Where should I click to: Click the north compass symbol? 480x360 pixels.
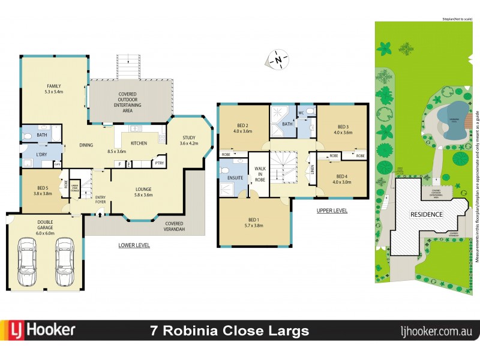278,59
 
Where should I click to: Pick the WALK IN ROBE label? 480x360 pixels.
260,174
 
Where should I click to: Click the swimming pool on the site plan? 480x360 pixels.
451,115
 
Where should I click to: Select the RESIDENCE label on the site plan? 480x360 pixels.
427,214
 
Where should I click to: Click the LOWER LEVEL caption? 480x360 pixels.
134,245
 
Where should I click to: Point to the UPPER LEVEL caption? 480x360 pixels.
332,211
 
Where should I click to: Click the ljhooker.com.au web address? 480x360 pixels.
436,331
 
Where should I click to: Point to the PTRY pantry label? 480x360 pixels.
159,163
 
